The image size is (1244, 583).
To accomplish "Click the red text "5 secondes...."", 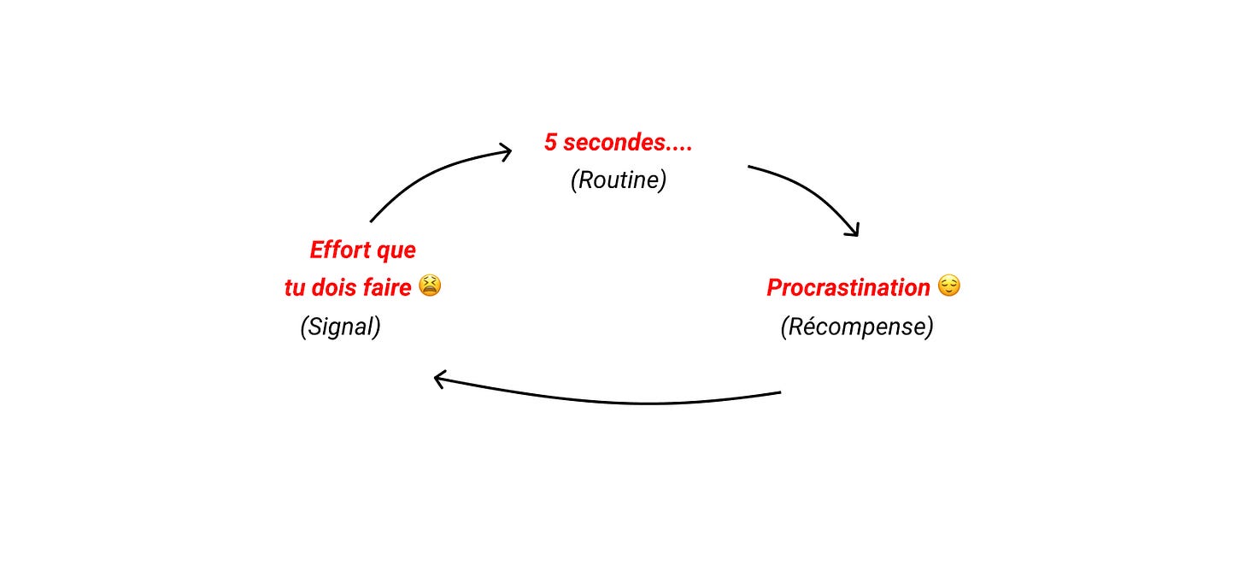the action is pyautogui.click(x=618, y=143).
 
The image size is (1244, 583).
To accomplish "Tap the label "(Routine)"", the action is pyautogui.click(x=618, y=180).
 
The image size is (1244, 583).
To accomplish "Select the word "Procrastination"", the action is pyautogui.click(x=848, y=287).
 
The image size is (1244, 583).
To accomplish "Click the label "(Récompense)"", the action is pyautogui.click(x=856, y=327).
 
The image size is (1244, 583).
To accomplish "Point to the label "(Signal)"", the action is pyautogui.click(x=340, y=327).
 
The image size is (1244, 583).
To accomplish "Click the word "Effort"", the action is pyautogui.click(x=337, y=250).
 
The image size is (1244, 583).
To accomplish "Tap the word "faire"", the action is pyautogui.click(x=384, y=288).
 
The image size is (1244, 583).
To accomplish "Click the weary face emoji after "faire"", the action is pyautogui.click(x=430, y=286).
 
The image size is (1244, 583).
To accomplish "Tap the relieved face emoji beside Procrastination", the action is pyautogui.click(x=948, y=286).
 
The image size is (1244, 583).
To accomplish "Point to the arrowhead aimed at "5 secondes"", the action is pyautogui.click(x=504, y=152).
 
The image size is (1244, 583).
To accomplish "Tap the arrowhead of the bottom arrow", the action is pyautogui.click(x=441, y=379).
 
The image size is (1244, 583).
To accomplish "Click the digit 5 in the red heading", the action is pyautogui.click(x=550, y=143).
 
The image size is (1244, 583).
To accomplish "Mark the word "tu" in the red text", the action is pyautogui.click(x=295, y=288).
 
